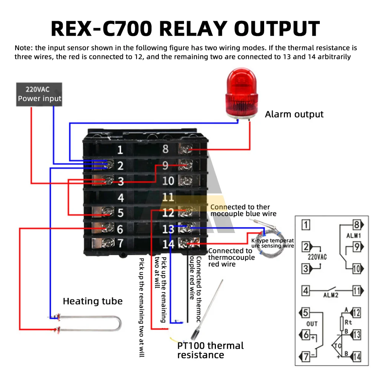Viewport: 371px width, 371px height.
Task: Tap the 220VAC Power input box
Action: coord(39,94)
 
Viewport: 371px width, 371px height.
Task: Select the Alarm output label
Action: coord(294,114)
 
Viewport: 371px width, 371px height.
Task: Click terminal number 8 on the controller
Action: coord(165,149)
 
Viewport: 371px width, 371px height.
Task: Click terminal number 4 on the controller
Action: coord(121,197)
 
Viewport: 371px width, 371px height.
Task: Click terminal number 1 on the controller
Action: coord(120,150)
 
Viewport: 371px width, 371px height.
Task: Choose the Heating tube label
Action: coord(92,301)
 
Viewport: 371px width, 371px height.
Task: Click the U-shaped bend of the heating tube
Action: coord(118,323)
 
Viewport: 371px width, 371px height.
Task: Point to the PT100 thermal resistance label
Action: coord(210,350)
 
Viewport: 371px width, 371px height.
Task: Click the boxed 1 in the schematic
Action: coord(306,224)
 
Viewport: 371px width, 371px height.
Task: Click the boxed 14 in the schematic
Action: coord(357,357)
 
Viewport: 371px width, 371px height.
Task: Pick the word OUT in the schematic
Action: coord(312,324)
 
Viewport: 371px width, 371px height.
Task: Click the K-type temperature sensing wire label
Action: coord(273,243)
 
